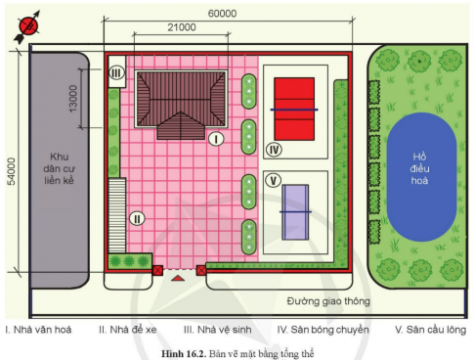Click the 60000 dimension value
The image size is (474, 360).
coord(222,14)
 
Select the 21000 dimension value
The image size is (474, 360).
coord(182,27)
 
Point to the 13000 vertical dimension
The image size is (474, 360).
coord(73,99)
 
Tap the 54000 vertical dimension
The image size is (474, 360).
coord(11,171)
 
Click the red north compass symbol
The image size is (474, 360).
coord(28,26)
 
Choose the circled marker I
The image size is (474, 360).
coord(216,139)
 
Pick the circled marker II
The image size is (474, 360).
coord(137,218)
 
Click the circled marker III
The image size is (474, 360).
coord(116,73)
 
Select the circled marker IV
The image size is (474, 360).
coord(274,150)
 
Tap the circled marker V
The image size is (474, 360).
coord(273,180)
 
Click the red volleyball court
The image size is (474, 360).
coord(294,109)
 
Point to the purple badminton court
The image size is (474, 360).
coord(295,212)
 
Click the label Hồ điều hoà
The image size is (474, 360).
coord(419,168)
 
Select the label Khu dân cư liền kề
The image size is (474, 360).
coord(59,168)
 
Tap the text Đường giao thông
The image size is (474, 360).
coord(328,301)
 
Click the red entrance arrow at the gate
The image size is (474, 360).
coord(178,278)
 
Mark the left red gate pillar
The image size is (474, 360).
coord(157,270)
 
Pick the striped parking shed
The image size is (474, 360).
coord(117,215)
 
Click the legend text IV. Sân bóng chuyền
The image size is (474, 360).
coord(323,330)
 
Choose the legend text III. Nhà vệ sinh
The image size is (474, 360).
coord(218,330)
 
